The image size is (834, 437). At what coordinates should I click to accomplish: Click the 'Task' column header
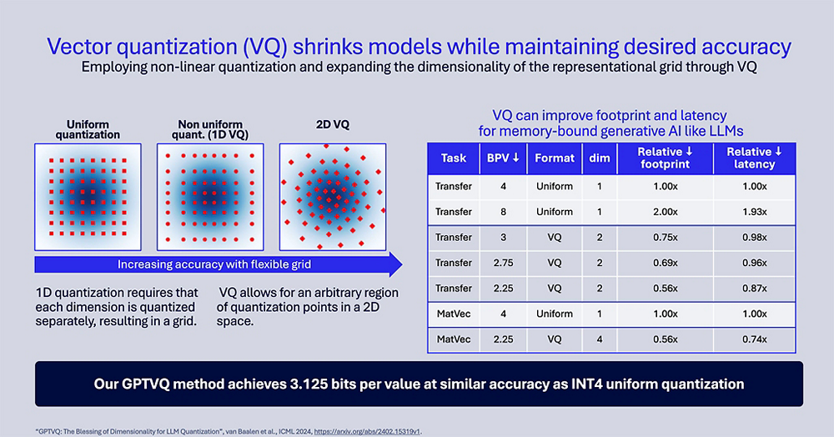(x=453, y=158)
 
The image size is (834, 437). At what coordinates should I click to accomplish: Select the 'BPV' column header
(x=503, y=158)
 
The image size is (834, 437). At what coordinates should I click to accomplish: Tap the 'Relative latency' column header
(x=754, y=158)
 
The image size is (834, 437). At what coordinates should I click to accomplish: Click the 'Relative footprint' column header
(x=664, y=158)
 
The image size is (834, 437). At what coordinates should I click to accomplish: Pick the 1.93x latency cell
(x=754, y=212)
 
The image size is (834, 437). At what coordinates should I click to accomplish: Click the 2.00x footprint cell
(x=664, y=212)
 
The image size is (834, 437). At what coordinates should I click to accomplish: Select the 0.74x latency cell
(x=754, y=340)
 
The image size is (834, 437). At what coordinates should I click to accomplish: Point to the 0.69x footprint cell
(x=664, y=263)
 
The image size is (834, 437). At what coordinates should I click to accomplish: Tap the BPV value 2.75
(x=503, y=263)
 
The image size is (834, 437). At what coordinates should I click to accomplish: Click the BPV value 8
(x=503, y=212)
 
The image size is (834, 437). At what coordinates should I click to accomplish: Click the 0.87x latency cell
(x=754, y=289)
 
